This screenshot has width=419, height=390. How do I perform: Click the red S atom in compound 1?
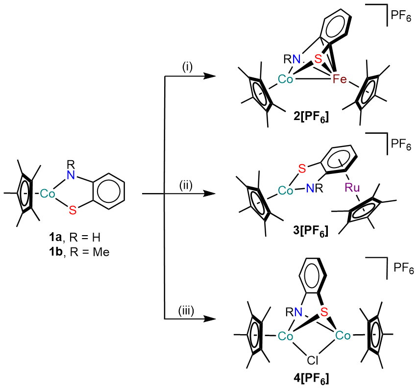73,210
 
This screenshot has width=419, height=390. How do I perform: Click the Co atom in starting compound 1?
48,194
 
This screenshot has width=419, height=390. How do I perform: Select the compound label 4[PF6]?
309,378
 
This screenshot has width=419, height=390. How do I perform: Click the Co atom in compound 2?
285,79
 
